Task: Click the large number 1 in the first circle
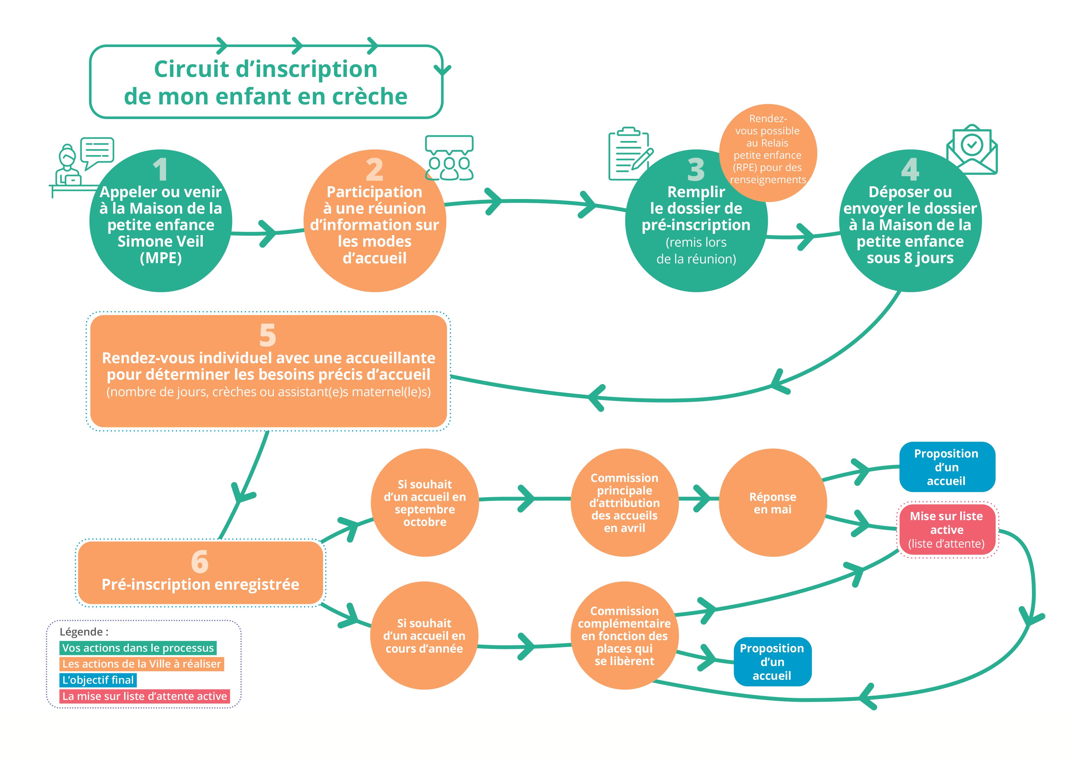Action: pyautogui.click(x=161, y=169)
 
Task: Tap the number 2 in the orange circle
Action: pyautogui.click(x=375, y=169)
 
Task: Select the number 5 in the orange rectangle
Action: pyautogui.click(x=268, y=335)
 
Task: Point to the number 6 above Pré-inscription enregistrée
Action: pyautogui.click(x=200, y=562)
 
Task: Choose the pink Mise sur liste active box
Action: pyautogui.click(x=946, y=529)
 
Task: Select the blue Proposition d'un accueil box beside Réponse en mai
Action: pyautogui.click(x=946, y=467)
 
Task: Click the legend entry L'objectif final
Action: pyautogui.click(x=98, y=680)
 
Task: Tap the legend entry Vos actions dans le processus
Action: pyautogui.click(x=138, y=648)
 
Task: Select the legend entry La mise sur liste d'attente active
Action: pyautogui.click(x=145, y=696)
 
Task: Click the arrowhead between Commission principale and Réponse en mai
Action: pyautogui.click(x=702, y=498)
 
